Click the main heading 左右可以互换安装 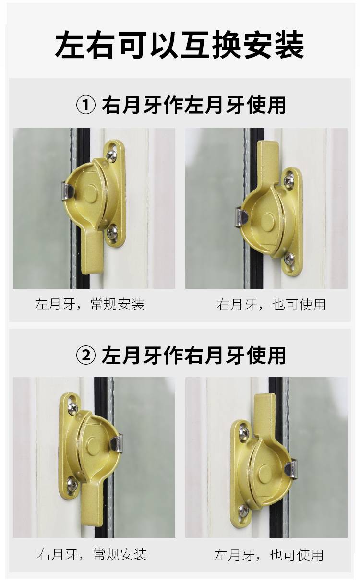click(180, 45)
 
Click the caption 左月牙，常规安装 click(89, 304)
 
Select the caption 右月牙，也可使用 click(271, 305)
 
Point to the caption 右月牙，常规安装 click(92, 554)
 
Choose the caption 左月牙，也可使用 click(269, 555)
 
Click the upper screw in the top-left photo click(112, 156)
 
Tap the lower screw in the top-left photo click(112, 231)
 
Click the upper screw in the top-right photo click(288, 179)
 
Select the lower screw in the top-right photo click(289, 258)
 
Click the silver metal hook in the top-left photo click(66, 190)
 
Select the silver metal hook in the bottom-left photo click(116, 443)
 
